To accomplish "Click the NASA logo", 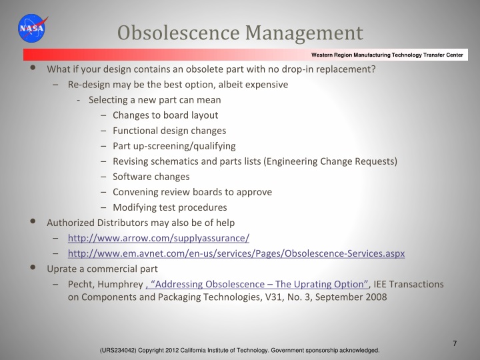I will tap(32, 28).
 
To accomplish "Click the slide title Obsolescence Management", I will tap(240, 32).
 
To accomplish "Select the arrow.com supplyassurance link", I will tap(159, 238).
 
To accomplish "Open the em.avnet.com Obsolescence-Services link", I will tap(236, 253).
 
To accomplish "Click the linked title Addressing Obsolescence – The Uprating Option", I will tap(257, 284).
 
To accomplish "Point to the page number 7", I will tap(454, 343).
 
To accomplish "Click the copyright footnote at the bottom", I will tap(239, 350).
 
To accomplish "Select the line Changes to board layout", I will tap(165, 115).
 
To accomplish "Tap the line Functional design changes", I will tap(169, 131).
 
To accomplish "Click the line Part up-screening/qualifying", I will tap(174, 146).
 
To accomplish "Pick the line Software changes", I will tap(151, 177).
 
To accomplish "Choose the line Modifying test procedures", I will tap(170, 207).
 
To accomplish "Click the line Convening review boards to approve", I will tap(192, 192).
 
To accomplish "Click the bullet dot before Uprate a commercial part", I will tap(34, 268).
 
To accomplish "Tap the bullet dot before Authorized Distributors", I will tap(34, 222).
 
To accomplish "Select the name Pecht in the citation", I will tap(80, 284).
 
